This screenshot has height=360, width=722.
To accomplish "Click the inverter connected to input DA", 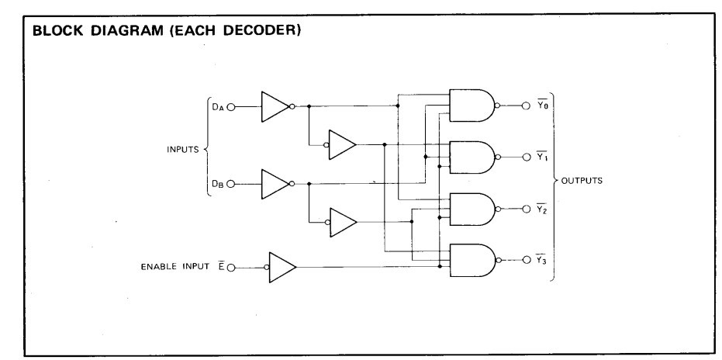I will [275, 106].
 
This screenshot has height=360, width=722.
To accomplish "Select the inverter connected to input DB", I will [275, 184].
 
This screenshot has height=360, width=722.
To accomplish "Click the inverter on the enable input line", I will [282, 267].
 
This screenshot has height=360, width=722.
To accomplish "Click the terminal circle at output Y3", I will [527, 260].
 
